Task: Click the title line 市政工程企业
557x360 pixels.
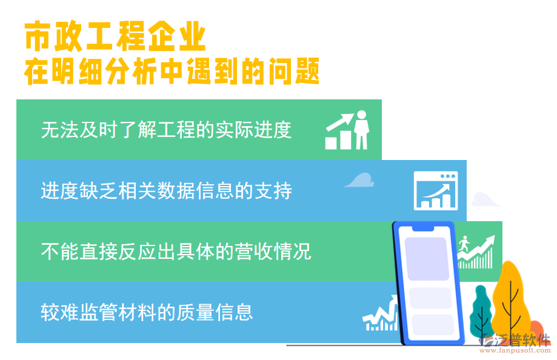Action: point(115,38)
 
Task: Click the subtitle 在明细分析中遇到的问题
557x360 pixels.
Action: point(172,72)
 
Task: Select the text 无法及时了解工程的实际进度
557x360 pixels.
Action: point(166,130)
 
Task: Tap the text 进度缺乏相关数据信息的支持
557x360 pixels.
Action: point(166,191)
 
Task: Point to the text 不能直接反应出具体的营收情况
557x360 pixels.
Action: point(176,251)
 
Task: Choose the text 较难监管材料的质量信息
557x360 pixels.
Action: point(147,312)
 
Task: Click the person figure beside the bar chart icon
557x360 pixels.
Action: point(361,129)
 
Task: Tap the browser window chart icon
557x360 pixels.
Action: point(435,190)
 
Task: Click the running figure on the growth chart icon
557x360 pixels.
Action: point(464,244)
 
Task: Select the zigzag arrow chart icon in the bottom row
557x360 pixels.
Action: point(380,313)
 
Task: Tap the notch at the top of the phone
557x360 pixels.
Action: point(422,228)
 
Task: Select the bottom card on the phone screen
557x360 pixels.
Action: point(432,324)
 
